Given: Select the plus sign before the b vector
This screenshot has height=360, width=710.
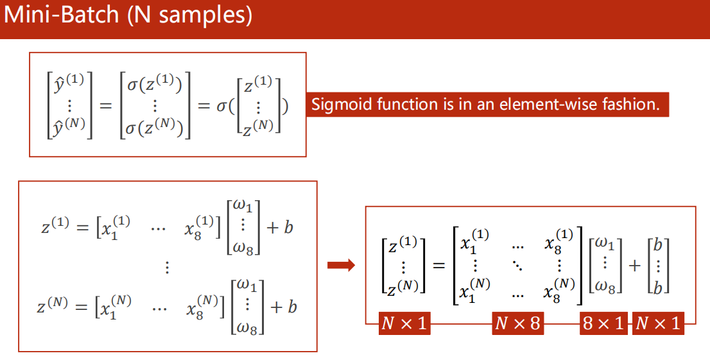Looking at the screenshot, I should [635, 265].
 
